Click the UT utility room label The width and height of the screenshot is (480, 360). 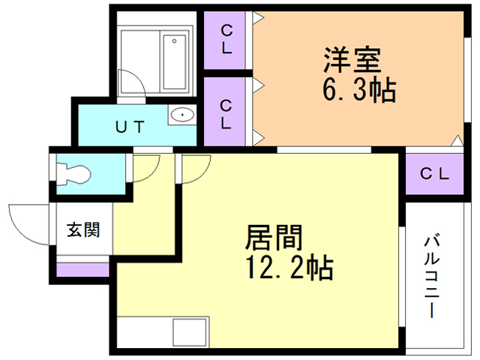(x=128, y=127)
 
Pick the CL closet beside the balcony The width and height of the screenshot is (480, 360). (x=433, y=175)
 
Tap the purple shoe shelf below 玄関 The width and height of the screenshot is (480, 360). (x=83, y=267)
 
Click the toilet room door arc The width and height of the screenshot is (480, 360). (x=147, y=166)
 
